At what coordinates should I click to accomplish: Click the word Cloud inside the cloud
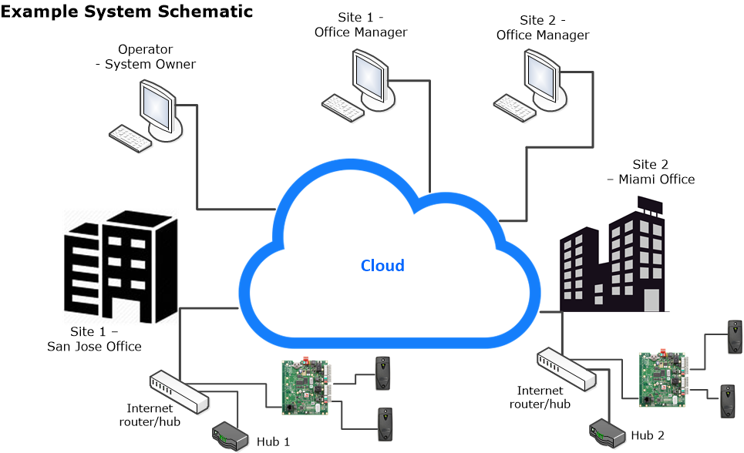[x=382, y=266]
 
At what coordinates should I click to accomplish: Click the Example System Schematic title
[x=127, y=12]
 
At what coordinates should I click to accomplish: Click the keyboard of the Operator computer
[x=130, y=137]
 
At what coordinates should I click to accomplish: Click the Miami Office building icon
[x=612, y=258]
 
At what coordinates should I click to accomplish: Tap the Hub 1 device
[x=231, y=435]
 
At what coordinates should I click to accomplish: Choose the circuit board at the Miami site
[x=663, y=377]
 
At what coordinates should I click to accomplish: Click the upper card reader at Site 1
[x=382, y=372]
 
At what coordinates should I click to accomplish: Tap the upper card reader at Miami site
[x=734, y=336]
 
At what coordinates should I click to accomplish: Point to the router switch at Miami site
[x=567, y=367]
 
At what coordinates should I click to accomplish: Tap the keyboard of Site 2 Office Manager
[x=513, y=107]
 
